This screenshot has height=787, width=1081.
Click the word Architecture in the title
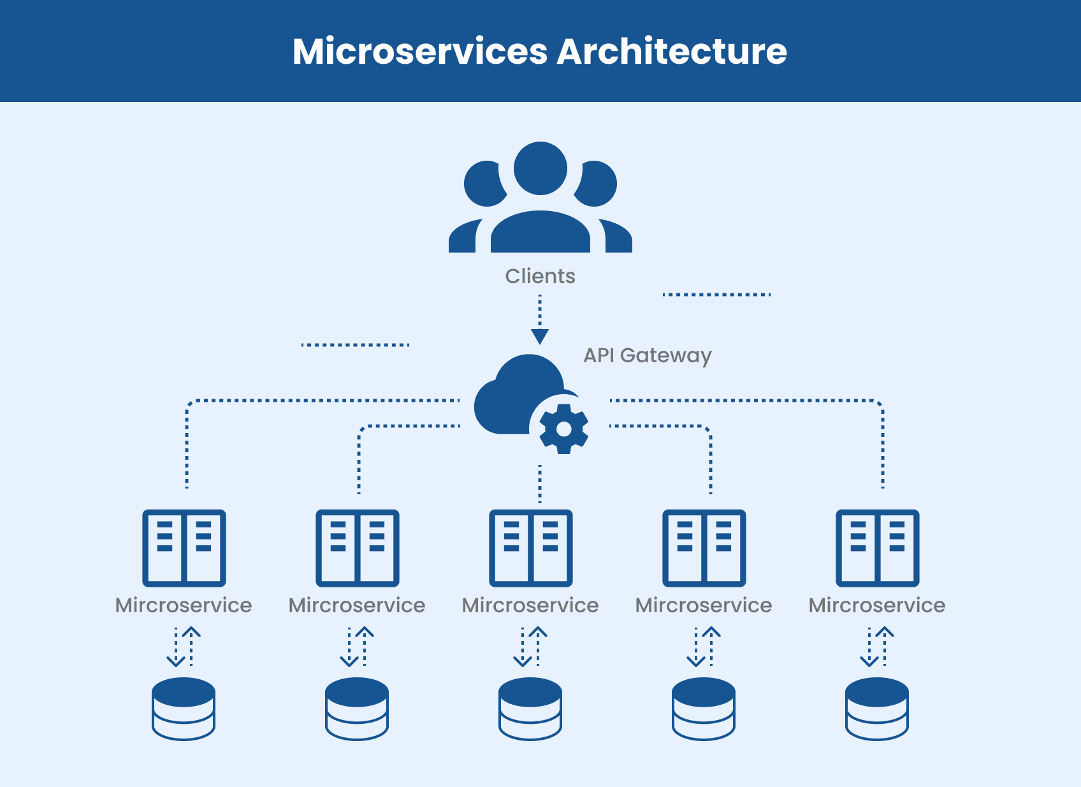[672, 51]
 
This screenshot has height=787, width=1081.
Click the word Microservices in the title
[419, 51]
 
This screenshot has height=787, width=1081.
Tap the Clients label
[540, 276]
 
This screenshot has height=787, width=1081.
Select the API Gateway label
[647, 355]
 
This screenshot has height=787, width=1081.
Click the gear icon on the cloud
[563, 429]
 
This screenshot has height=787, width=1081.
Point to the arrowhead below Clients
[540, 336]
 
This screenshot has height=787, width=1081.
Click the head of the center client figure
[540, 168]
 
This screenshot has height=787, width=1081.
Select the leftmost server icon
[184, 547]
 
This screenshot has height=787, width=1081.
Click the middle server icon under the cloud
[530, 547]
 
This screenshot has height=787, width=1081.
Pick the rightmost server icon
[877, 547]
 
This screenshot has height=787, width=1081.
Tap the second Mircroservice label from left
[357, 605]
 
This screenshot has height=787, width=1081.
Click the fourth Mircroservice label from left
[704, 605]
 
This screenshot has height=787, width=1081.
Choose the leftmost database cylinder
[184, 708]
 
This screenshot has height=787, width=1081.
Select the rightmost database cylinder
[877, 708]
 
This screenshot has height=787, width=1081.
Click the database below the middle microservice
[530, 708]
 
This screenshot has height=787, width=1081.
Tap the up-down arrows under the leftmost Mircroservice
[184, 647]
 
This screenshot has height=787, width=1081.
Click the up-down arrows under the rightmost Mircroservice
[877, 647]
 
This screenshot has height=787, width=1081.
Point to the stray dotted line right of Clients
[716, 295]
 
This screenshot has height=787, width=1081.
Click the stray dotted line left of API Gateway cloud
[355, 345]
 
